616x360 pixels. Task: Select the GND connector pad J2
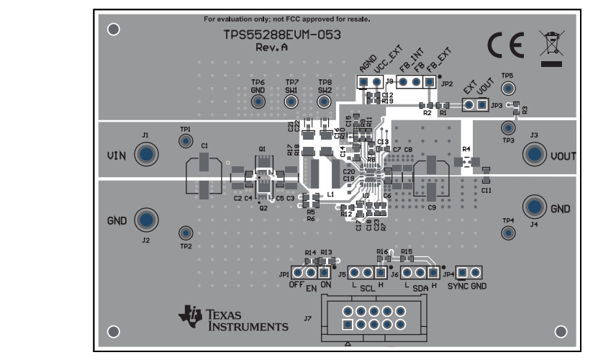(x=147, y=220)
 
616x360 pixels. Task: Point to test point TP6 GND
(x=258, y=102)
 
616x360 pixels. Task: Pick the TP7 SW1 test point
(x=291, y=102)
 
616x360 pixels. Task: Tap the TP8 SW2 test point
(x=325, y=102)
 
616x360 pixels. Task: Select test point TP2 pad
(x=186, y=233)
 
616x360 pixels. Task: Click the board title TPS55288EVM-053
(x=281, y=35)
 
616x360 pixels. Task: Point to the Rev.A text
(x=271, y=47)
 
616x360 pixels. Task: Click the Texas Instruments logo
(x=234, y=319)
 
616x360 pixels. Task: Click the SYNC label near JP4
(x=458, y=286)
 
